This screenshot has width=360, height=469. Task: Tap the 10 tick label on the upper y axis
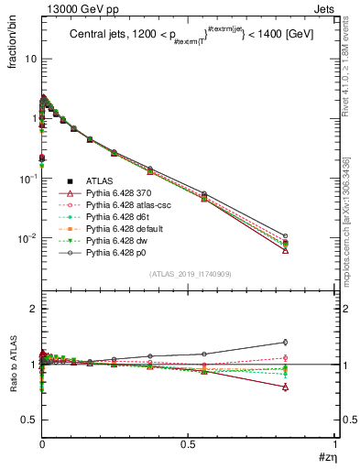pos(28,59)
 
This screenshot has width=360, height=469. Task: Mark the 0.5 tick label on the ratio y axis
pos(27,420)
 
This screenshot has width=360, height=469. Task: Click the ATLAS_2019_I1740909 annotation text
pos(189,274)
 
